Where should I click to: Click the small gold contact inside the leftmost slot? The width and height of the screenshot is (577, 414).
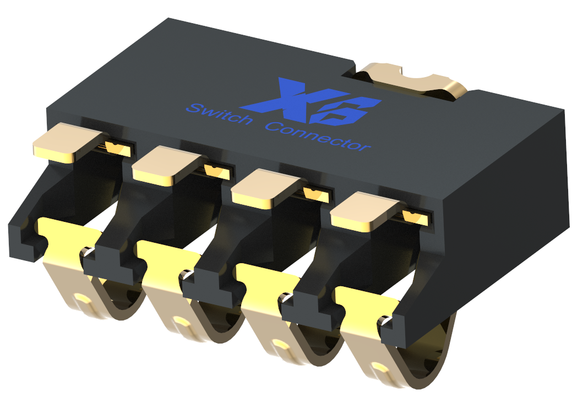click(x=118, y=148)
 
